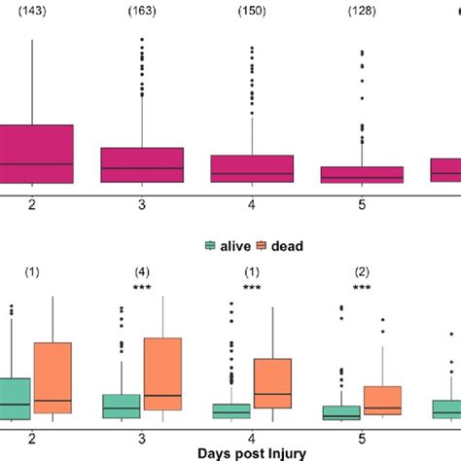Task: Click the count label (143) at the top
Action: pos(33,11)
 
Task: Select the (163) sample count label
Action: pos(143,11)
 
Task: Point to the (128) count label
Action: pos(362,11)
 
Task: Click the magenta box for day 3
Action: pos(143,164)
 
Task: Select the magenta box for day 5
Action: pos(362,174)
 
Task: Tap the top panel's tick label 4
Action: pos(253,204)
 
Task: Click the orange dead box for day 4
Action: pos(272,383)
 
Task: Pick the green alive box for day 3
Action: pos(122,406)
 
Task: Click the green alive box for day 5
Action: pos(340,412)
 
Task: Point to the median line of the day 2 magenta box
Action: pos(33,163)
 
